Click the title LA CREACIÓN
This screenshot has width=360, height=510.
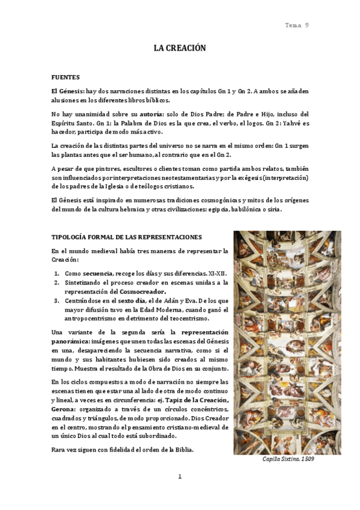point(180,48)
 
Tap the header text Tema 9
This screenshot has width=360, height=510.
point(297,25)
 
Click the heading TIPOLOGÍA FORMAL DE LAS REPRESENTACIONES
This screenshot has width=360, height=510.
point(126,237)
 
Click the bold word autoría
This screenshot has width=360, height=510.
point(153,114)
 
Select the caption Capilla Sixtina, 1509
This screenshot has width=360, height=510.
point(287,459)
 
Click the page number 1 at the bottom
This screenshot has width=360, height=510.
point(179,477)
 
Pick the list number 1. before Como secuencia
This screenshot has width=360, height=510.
point(57,273)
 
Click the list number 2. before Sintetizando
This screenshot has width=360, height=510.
point(57,282)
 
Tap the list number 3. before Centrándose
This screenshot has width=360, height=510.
point(57,300)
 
